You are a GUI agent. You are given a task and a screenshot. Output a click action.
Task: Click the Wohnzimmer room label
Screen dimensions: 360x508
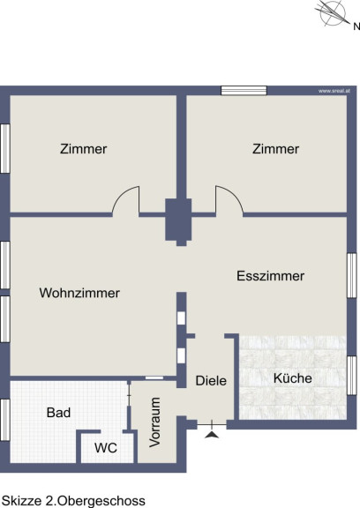[x=79, y=293]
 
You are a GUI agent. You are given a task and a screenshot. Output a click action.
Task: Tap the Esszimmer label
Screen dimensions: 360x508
[x=270, y=276]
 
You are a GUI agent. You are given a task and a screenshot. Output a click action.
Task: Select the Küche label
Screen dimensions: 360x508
[x=293, y=378]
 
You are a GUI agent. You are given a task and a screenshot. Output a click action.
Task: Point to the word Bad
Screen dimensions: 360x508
[x=58, y=413]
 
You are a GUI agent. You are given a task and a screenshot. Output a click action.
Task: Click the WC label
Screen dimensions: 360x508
[x=106, y=448]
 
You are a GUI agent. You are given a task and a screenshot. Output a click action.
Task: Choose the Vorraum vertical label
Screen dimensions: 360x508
[x=155, y=422]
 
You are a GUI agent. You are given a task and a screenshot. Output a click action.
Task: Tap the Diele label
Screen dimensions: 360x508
[x=211, y=381]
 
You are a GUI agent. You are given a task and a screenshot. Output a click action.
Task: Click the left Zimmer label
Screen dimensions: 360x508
[x=83, y=149]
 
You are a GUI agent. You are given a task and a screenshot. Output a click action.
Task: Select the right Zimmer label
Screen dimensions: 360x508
[x=275, y=149]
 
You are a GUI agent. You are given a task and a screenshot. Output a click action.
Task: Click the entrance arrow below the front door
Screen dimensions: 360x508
[x=212, y=435]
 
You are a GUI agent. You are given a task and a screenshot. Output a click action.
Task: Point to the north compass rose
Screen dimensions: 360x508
[x=332, y=13]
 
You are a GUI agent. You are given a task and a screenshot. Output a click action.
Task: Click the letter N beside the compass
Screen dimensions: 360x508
[x=356, y=26]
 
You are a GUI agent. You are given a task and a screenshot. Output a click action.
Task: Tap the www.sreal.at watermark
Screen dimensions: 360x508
[x=334, y=91]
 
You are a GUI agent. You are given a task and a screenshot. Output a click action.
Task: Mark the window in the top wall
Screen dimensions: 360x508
[x=244, y=90]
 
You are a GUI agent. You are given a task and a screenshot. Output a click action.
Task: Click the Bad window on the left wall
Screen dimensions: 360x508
[x=5, y=420]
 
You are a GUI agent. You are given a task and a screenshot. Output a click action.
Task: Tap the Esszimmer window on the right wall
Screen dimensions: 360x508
[x=352, y=275]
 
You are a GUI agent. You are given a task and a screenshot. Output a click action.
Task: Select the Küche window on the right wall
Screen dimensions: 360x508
[x=352, y=376]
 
